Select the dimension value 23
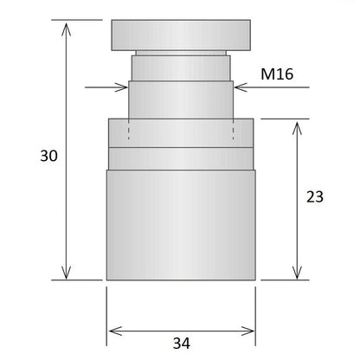(314, 196)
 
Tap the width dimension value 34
(181, 344)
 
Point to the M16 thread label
(277, 74)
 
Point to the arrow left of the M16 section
(121, 86)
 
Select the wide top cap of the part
(181, 36)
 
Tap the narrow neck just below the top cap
(181, 67)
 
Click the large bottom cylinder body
(181, 223)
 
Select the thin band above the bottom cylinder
(181, 157)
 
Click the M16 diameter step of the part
(181, 100)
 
